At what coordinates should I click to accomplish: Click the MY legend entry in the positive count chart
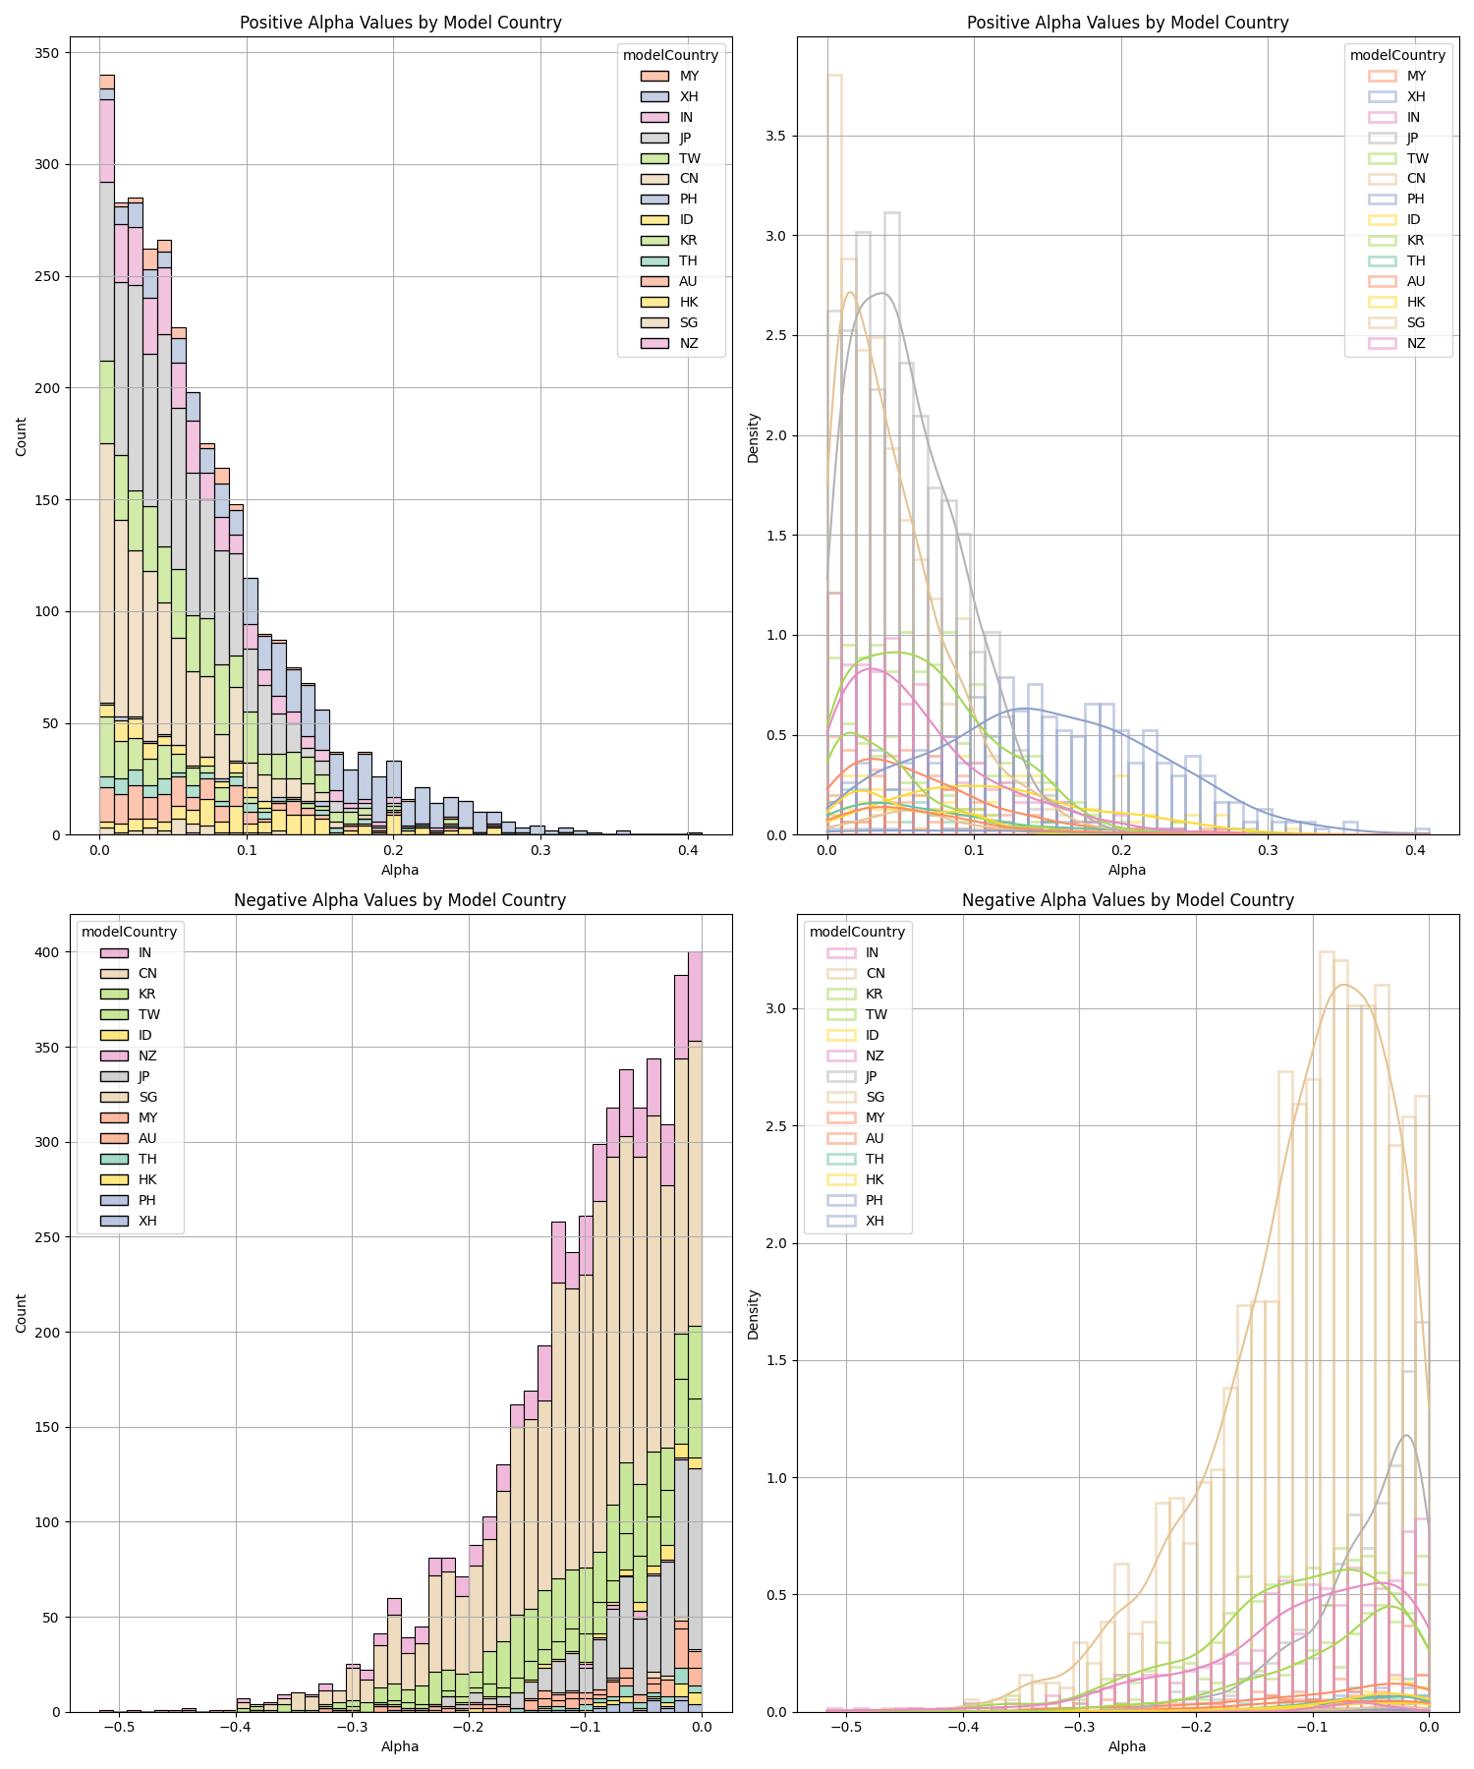[x=689, y=76]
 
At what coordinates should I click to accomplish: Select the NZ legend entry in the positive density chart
[x=1416, y=343]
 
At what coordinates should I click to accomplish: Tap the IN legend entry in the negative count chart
[x=144, y=952]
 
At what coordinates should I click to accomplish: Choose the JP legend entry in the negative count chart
[x=144, y=1076]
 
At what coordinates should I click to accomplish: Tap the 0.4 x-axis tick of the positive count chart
[x=688, y=850]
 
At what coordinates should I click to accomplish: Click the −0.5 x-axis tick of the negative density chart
[x=846, y=1727]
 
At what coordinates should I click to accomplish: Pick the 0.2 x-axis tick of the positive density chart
[x=1121, y=850]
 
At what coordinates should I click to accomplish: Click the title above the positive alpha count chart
[x=401, y=23]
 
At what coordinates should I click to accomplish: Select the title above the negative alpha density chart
[x=1127, y=900]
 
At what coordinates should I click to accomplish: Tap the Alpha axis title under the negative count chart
[x=400, y=1746]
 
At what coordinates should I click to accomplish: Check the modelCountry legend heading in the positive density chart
[x=1397, y=55]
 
